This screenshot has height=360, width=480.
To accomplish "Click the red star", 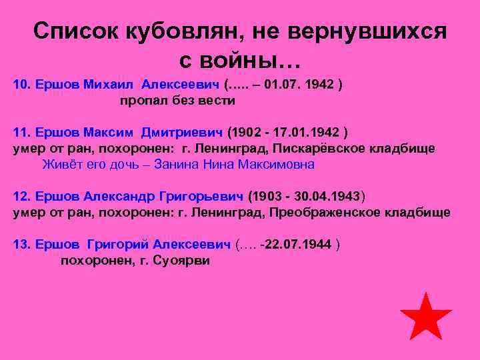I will [425, 317].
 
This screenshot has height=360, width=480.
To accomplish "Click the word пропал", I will [141, 101].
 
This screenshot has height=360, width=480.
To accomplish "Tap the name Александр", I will [120, 197].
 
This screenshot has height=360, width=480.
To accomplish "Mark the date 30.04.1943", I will [327, 197].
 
